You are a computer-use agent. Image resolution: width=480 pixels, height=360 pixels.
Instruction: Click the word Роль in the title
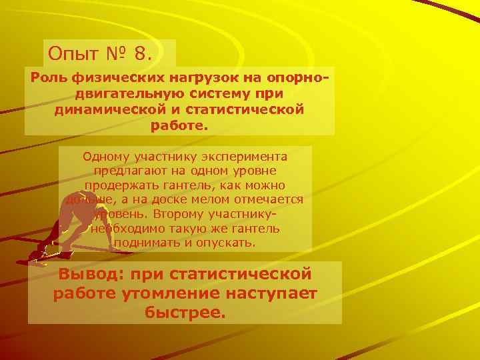pos(49,78)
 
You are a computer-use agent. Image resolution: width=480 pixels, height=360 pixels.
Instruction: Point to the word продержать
pos(117,185)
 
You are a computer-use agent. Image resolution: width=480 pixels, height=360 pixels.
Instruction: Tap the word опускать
pos(225,242)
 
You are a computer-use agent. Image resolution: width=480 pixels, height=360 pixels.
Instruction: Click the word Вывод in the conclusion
pos(90,274)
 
